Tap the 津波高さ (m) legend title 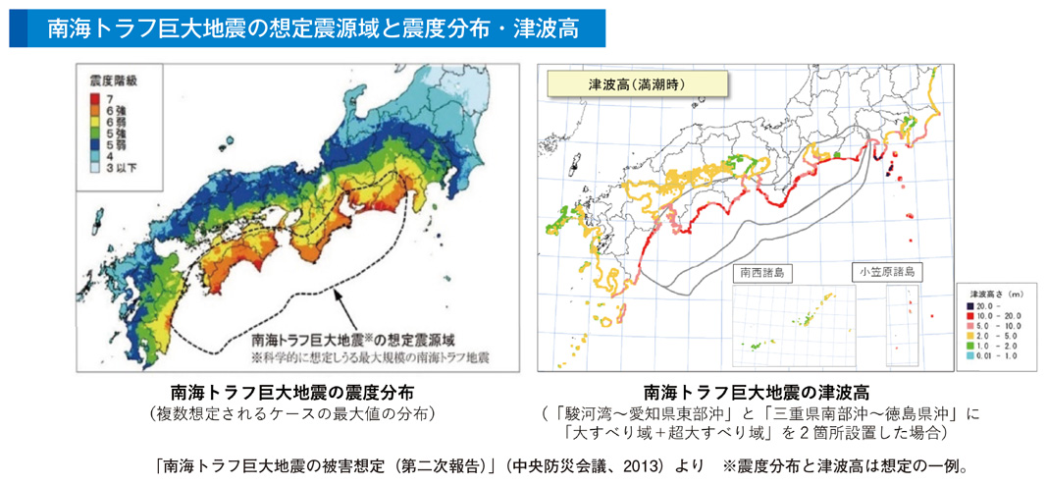point(992,294)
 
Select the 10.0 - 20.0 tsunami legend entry point(990,317)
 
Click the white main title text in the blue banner point(312,28)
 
